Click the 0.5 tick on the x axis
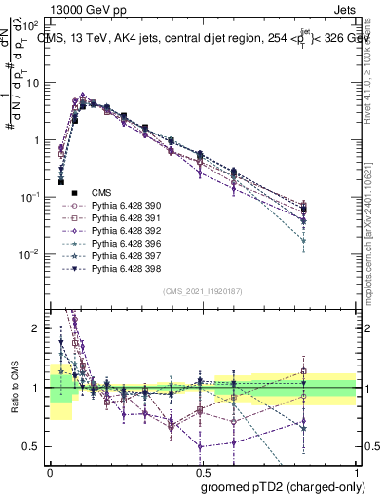click(x=203, y=471)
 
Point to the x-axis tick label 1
click(x=357, y=471)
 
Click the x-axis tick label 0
click(x=50, y=471)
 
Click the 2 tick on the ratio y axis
click(x=37, y=328)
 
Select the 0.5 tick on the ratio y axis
click(x=33, y=446)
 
